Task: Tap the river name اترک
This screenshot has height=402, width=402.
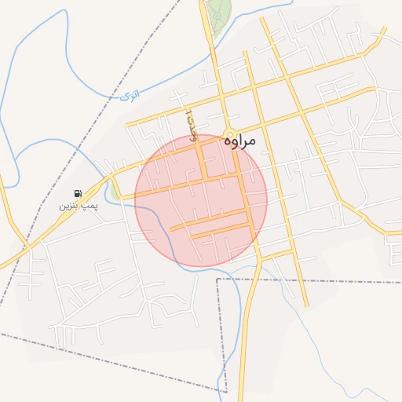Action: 131,95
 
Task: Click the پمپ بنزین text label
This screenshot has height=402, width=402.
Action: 76,206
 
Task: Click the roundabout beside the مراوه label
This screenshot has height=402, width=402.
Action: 231,134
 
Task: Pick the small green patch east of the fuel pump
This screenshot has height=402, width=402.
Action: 115,192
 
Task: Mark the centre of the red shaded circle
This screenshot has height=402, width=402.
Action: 201,200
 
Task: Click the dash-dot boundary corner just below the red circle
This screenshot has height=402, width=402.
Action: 217,279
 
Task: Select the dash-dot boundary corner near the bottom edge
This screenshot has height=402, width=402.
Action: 226,391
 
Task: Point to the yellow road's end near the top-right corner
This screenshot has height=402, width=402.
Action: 385,30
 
